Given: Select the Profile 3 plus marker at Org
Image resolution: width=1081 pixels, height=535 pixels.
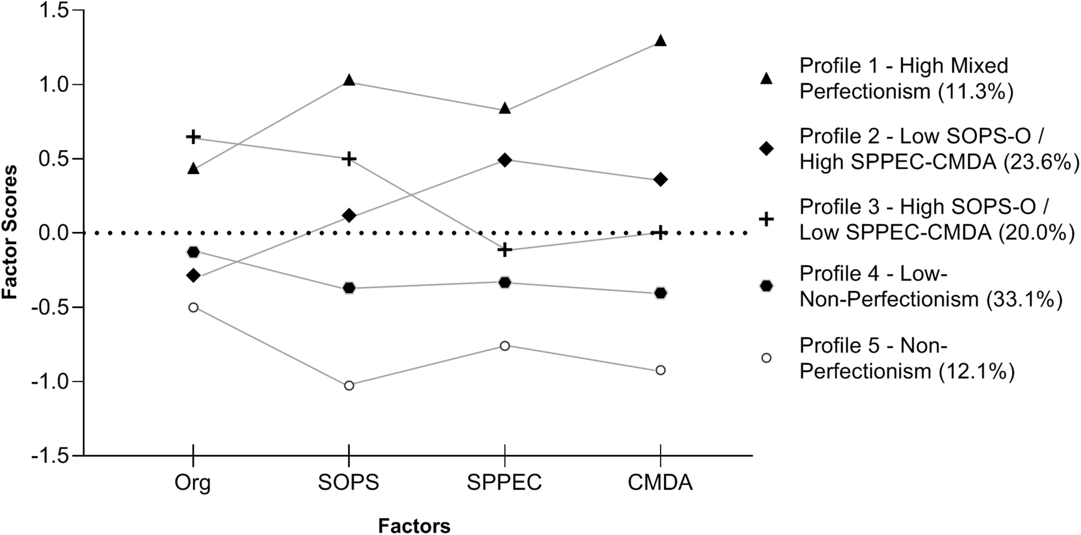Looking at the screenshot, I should [x=193, y=137].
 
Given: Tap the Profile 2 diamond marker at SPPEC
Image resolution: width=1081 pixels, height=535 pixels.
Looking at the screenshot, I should [x=505, y=160].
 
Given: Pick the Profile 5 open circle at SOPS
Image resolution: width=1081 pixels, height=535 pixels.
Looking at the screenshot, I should [x=349, y=385].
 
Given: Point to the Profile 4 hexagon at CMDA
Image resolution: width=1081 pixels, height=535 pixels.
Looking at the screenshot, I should [x=660, y=293].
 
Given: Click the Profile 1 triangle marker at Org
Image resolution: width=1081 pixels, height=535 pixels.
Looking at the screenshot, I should [x=193, y=169].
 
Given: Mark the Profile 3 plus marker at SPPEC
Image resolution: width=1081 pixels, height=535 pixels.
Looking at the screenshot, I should [x=505, y=250].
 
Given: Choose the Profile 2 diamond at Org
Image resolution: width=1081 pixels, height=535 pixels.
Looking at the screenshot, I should [x=193, y=275].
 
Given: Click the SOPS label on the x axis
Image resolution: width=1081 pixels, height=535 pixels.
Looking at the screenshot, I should [x=349, y=483].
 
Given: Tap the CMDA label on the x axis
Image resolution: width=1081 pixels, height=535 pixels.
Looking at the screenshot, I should [x=660, y=483].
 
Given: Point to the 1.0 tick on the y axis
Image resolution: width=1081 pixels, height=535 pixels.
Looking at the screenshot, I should [x=54, y=84].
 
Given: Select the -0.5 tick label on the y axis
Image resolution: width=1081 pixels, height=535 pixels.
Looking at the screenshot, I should [x=50, y=308].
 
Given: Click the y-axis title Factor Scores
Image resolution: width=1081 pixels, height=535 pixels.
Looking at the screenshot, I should [x=10, y=232].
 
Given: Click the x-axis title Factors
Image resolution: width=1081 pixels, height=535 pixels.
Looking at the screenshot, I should [x=414, y=526].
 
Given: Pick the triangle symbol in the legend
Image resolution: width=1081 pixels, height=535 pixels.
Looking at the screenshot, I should [x=766, y=78].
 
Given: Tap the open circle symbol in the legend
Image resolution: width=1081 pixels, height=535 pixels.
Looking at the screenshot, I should [x=766, y=358].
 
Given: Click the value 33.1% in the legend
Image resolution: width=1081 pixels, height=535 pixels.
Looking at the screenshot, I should [x=1024, y=299].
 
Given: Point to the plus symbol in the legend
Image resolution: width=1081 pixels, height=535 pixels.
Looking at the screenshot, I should [x=766, y=219].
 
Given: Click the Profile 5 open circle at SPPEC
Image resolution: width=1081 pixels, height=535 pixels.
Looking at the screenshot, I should [x=505, y=346].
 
